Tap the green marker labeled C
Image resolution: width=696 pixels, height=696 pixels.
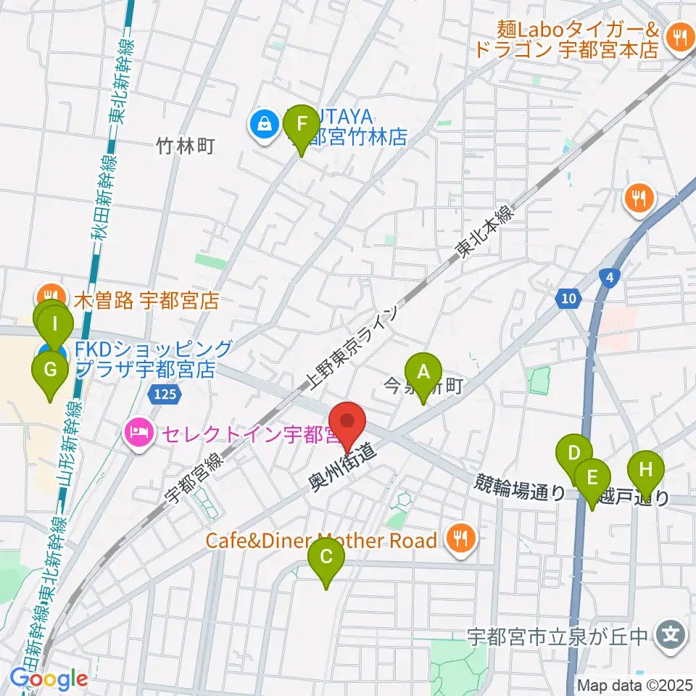(x=326, y=557)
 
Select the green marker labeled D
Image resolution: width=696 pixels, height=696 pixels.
(x=573, y=454)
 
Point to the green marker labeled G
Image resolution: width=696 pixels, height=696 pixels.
(x=50, y=370)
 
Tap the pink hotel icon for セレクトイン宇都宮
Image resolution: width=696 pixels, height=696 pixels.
(x=138, y=434)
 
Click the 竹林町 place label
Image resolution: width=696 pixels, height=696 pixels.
(x=186, y=147)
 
